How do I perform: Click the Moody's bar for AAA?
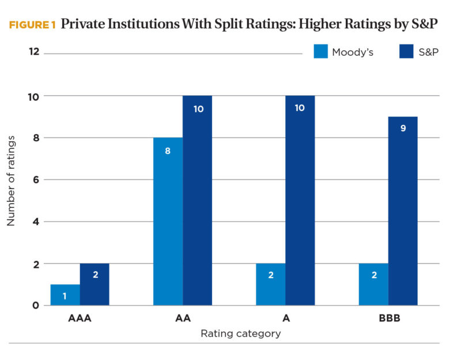(65, 295)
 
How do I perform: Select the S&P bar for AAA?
(95, 285)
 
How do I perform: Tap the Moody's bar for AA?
(168, 222)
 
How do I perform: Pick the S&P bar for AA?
(198, 200)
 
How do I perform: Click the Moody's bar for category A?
(270, 285)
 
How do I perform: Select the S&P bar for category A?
(300, 200)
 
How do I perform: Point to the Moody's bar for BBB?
(373, 285)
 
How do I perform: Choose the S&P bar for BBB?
(403, 211)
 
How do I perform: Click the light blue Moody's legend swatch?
(321, 52)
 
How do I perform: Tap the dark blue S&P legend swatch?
(407, 52)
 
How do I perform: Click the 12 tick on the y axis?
(33, 52)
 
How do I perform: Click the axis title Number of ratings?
(12, 180)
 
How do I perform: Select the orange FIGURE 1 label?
(32, 25)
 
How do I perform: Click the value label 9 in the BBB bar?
(403, 128)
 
